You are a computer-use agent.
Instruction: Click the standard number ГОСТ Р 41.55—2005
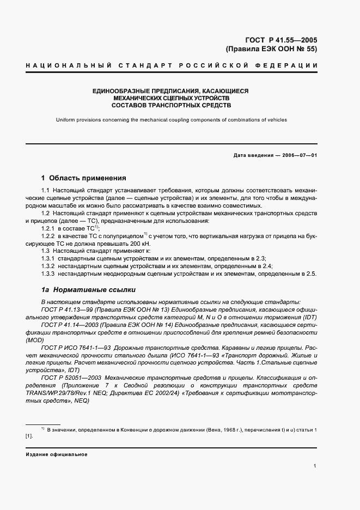tap(282, 39)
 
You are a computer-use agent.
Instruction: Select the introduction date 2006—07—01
tap(298, 155)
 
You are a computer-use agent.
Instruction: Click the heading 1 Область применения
tap(84, 178)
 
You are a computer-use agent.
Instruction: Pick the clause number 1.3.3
tap(50, 274)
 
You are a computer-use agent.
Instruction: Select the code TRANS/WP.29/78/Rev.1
tap(61, 392)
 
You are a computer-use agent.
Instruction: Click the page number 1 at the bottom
tap(315, 466)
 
